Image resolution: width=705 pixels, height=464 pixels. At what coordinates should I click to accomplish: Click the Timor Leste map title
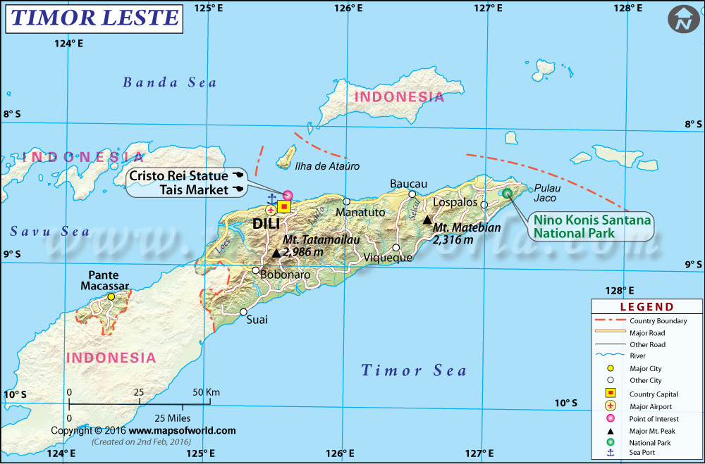(94, 18)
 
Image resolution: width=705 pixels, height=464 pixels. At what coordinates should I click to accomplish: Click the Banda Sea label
(170, 82)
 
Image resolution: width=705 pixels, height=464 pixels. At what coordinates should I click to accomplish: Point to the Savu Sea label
(50, 232)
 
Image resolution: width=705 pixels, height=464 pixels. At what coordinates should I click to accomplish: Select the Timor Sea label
(414, 370)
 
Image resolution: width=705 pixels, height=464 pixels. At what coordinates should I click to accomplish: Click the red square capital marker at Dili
(284, 206)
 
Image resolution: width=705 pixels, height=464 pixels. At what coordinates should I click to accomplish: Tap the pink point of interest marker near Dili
(288, 195)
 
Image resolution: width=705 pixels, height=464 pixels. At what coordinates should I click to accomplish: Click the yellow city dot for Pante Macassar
(111, 297)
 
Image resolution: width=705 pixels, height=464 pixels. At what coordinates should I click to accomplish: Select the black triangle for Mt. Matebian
(427, 220)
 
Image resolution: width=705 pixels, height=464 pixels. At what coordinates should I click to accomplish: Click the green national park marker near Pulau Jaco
(506, 193)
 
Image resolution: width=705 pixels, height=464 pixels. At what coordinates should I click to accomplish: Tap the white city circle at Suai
(243, 312)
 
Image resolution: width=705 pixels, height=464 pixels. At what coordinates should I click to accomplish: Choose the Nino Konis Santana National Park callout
(591, 227)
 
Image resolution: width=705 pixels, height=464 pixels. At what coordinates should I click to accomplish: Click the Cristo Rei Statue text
(178, 175)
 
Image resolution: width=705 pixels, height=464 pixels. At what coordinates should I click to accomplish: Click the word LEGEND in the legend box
(646, 307)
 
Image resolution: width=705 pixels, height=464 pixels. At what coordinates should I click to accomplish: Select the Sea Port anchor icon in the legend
(611, 452)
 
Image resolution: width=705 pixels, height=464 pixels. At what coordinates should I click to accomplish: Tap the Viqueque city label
(387, 258)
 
